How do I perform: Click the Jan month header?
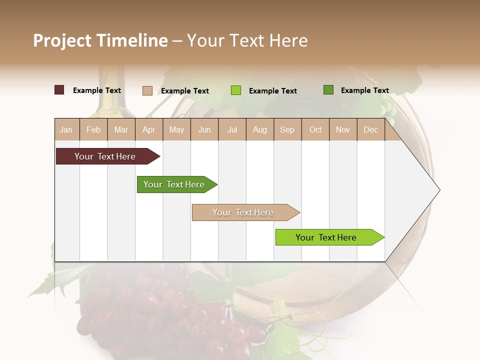click(x=66, y=130)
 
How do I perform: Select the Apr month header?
click(x=148, y=130)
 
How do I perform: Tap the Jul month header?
click(x=232, y=130)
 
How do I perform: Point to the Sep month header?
click(x=287, y=130)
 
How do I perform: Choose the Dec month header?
click(x=370, y=130)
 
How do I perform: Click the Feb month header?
click(x=93, y=130)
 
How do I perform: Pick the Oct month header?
click(x=315, y=130)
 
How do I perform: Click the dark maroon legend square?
click(x=59, y=90)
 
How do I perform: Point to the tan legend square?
click(x=147, y=90)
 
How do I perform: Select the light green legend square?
click(x=236, y=90)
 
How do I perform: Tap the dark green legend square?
click(x=328, y=90)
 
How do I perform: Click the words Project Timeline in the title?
click(x=100, y=40)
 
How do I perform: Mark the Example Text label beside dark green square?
click(x=364, y=90)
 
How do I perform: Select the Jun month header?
click(x=204, y=130)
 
